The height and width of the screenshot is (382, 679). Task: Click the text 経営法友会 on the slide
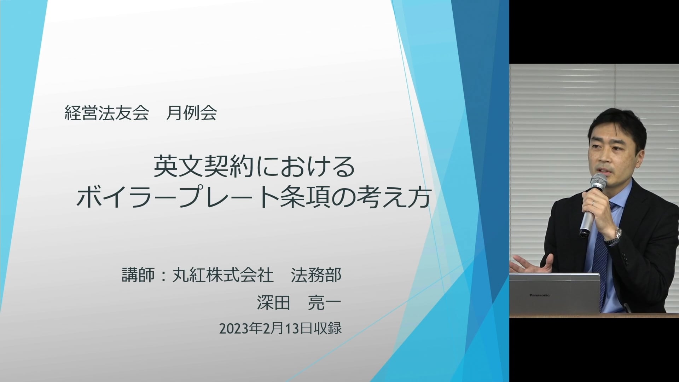point(106,113)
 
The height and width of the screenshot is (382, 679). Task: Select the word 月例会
point(191,113)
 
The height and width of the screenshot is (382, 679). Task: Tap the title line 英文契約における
point(254,167)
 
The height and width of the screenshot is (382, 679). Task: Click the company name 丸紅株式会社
point(223,275)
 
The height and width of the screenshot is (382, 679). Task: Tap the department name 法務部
point(316,275)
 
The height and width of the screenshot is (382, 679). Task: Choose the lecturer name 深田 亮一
point(299,303)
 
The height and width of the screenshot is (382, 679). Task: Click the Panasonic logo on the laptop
point(539,295)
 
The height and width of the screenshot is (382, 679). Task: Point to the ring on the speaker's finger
point(593,203)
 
